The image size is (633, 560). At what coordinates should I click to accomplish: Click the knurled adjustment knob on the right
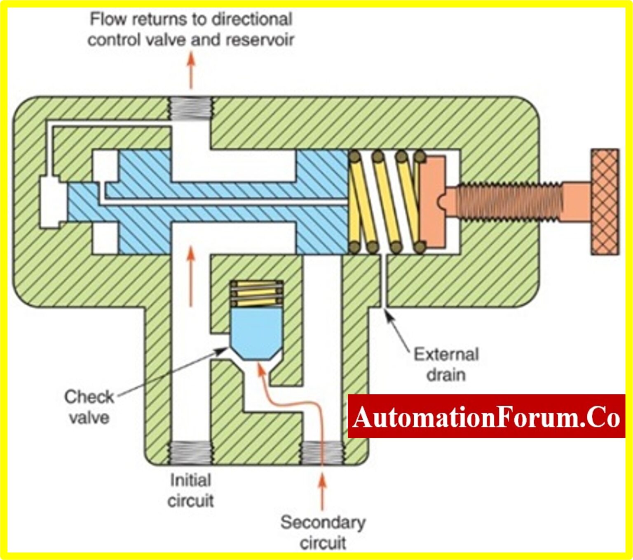click(x=605, y=202)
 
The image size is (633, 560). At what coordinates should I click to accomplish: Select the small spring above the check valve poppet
click(x=256, y=293)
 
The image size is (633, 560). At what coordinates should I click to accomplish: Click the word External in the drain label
click(x=446, y=354)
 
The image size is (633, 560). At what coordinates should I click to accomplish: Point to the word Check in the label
click(x=89, y=397)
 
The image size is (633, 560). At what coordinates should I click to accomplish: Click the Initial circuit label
click(x=190, y=490)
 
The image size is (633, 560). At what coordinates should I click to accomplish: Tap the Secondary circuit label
click(x=323, y=532)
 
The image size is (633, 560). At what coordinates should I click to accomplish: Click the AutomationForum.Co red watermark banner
click(x=486, y=416)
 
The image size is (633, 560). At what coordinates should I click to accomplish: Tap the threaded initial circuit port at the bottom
click(x=191, y=452)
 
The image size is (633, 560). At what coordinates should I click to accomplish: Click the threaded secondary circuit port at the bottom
click(x=322, y=452)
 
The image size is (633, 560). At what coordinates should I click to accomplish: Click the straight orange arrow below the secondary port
click(x=322, y=491)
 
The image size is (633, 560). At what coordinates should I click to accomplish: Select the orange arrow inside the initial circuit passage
click(x=190, y=276)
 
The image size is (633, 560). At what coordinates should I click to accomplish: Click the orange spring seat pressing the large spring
click(x=433, y=202)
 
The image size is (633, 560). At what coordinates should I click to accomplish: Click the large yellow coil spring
click(x=385, y=202)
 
